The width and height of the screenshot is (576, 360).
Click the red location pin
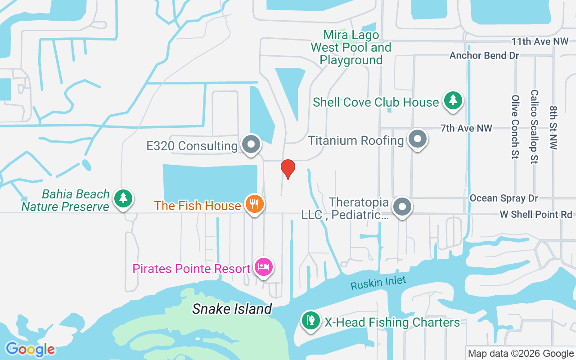(288, 169)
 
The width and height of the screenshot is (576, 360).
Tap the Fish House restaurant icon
(255, 204)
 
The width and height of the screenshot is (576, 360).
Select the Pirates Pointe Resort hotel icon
(264, 267)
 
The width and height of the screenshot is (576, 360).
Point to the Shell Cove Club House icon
(453, 101)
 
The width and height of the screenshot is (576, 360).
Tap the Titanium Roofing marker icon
(418, 139)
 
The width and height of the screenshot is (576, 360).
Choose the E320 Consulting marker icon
(251, 144)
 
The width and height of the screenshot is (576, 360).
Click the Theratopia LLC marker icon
(402, 207)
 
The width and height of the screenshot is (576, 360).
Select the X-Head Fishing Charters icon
(310, 321)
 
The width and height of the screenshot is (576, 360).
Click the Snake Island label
(232, 309)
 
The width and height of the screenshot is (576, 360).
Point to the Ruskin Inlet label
(378, 283)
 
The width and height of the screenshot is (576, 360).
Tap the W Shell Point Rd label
(536, 215)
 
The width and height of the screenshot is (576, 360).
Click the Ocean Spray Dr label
(504, 198)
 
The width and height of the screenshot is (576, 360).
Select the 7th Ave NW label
(466, 128)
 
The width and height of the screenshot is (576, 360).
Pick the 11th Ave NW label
(540, 42)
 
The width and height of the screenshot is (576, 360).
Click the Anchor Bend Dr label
(484, 56)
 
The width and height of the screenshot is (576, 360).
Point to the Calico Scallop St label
(534, 126)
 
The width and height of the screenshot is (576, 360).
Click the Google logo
(30, 349)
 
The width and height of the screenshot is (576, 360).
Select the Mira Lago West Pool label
(351, 47)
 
